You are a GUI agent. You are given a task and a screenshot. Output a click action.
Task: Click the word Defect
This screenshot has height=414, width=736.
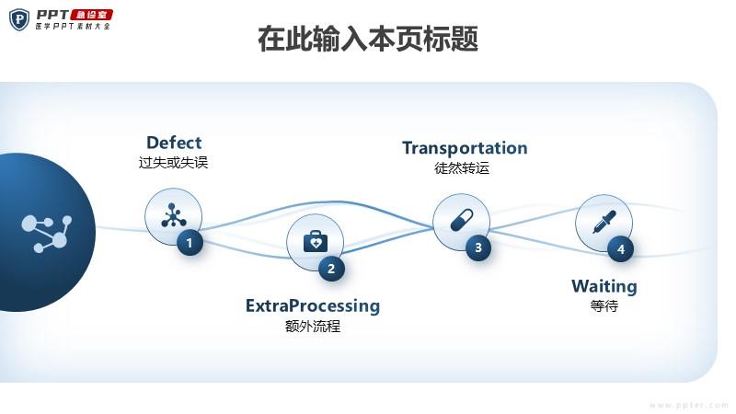174,143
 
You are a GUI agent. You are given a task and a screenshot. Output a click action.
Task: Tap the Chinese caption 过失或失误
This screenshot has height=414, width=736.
174,163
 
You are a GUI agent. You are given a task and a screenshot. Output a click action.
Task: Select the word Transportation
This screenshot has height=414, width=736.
465,148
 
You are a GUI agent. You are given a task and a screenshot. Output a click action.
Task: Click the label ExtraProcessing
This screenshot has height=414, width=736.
313,305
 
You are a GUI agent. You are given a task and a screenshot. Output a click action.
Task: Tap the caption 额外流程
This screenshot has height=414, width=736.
313,326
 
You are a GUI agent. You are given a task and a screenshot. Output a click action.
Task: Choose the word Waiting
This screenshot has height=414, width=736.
604,286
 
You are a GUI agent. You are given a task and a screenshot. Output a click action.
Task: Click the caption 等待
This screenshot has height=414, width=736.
604,305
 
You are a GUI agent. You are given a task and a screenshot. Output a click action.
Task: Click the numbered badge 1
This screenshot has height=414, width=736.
190,243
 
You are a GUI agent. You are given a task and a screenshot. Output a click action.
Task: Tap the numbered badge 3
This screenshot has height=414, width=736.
477,247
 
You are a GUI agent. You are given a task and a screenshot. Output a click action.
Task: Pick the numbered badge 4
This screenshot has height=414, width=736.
620,248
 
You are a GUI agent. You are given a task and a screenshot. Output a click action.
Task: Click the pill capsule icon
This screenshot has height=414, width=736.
461,221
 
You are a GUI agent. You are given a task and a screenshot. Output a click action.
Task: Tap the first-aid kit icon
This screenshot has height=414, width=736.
316,242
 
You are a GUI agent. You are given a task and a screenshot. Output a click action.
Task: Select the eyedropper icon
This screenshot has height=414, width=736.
604,222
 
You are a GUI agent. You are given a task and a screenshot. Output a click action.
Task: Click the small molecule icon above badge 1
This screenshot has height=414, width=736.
172,216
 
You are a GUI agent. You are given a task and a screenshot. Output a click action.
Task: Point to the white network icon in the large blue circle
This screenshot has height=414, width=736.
46,233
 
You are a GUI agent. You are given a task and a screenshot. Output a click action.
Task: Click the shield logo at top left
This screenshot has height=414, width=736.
18,18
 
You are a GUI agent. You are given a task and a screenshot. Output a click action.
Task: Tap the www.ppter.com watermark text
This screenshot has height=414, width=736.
688,405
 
